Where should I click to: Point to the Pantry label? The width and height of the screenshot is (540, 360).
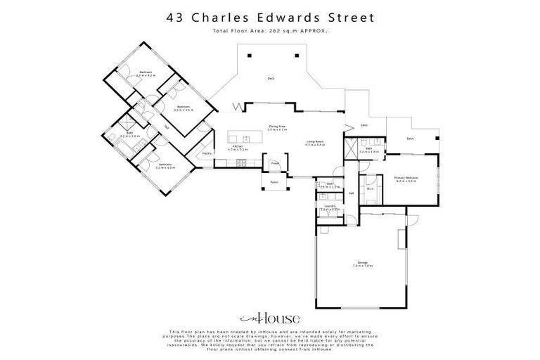point(207,153)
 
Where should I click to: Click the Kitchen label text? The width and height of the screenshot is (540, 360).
point(238,148)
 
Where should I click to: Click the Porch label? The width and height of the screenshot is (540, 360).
point(274,181)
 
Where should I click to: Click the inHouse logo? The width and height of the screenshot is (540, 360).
point(269,317)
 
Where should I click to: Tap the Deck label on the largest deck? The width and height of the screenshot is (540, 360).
point(271,78)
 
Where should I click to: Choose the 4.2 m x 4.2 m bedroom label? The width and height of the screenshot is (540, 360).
point(146,73)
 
